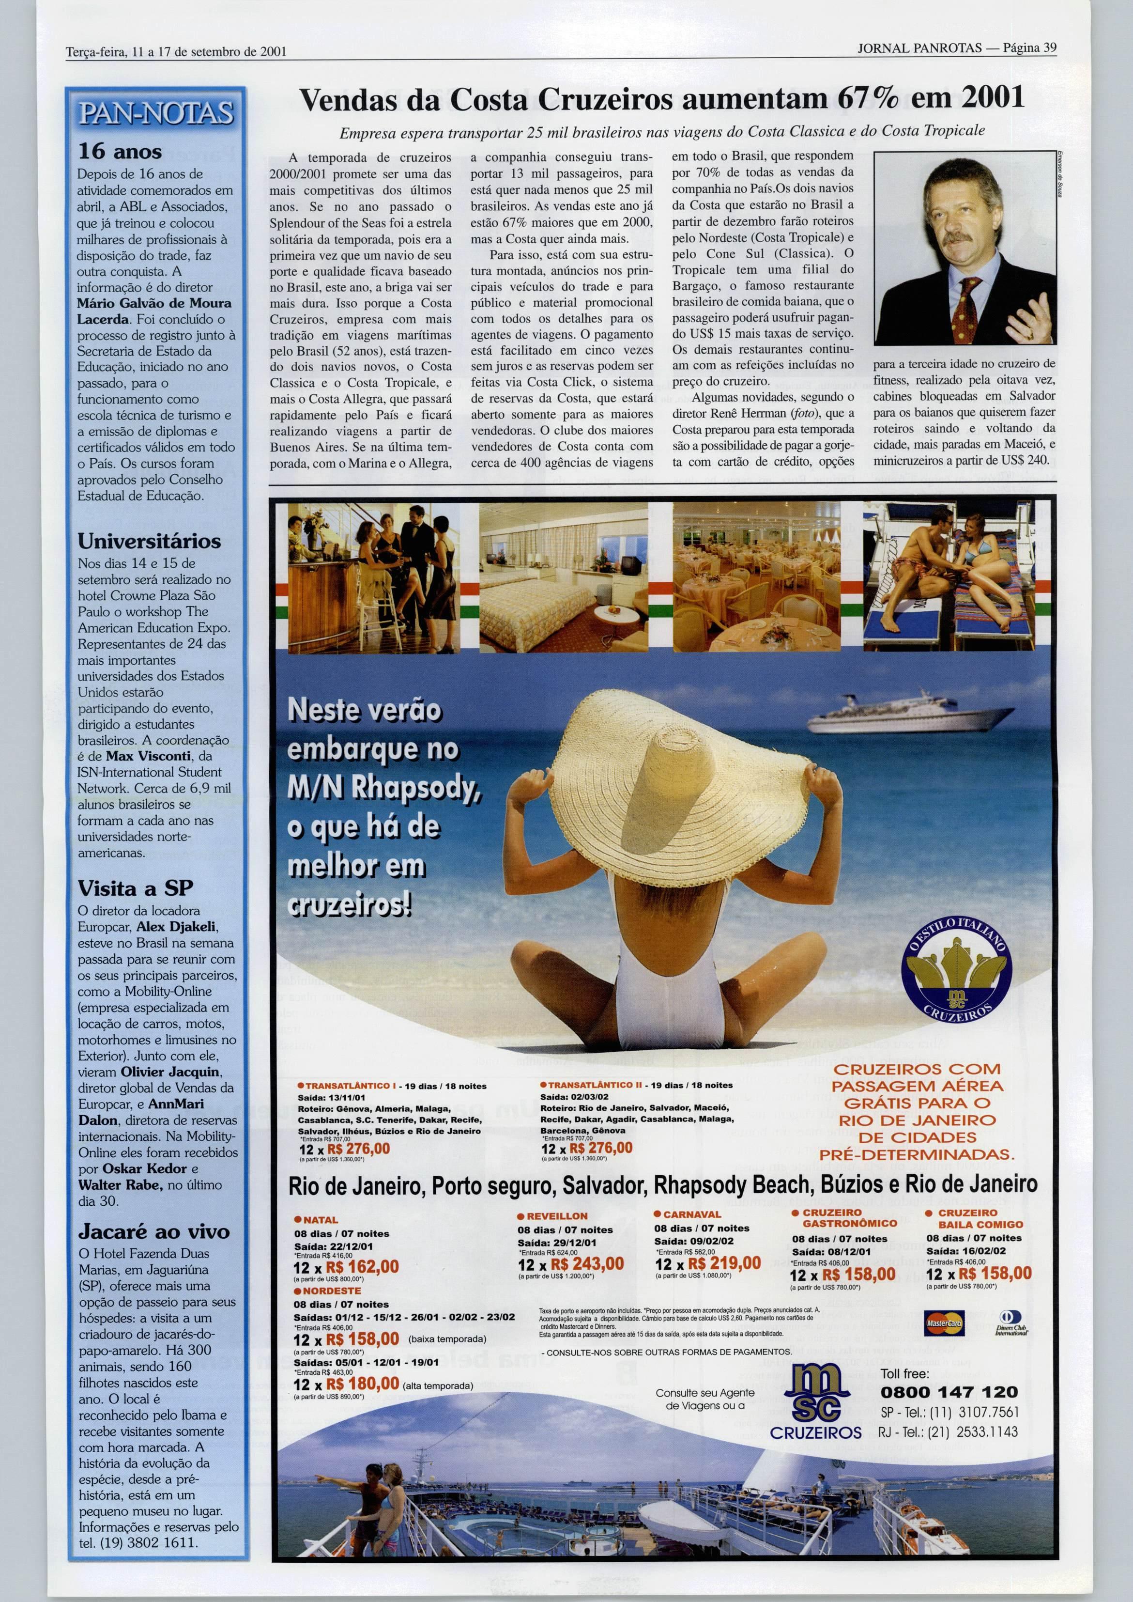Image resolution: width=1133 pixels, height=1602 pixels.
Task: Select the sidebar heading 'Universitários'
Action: pyautogui.click(x=149, y=541)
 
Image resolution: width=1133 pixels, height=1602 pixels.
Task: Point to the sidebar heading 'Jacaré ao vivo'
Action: pyautogui.click(x=153, y=1231)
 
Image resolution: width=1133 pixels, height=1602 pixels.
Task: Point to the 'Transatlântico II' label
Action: pyautogui.click(x=593, y=1086)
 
